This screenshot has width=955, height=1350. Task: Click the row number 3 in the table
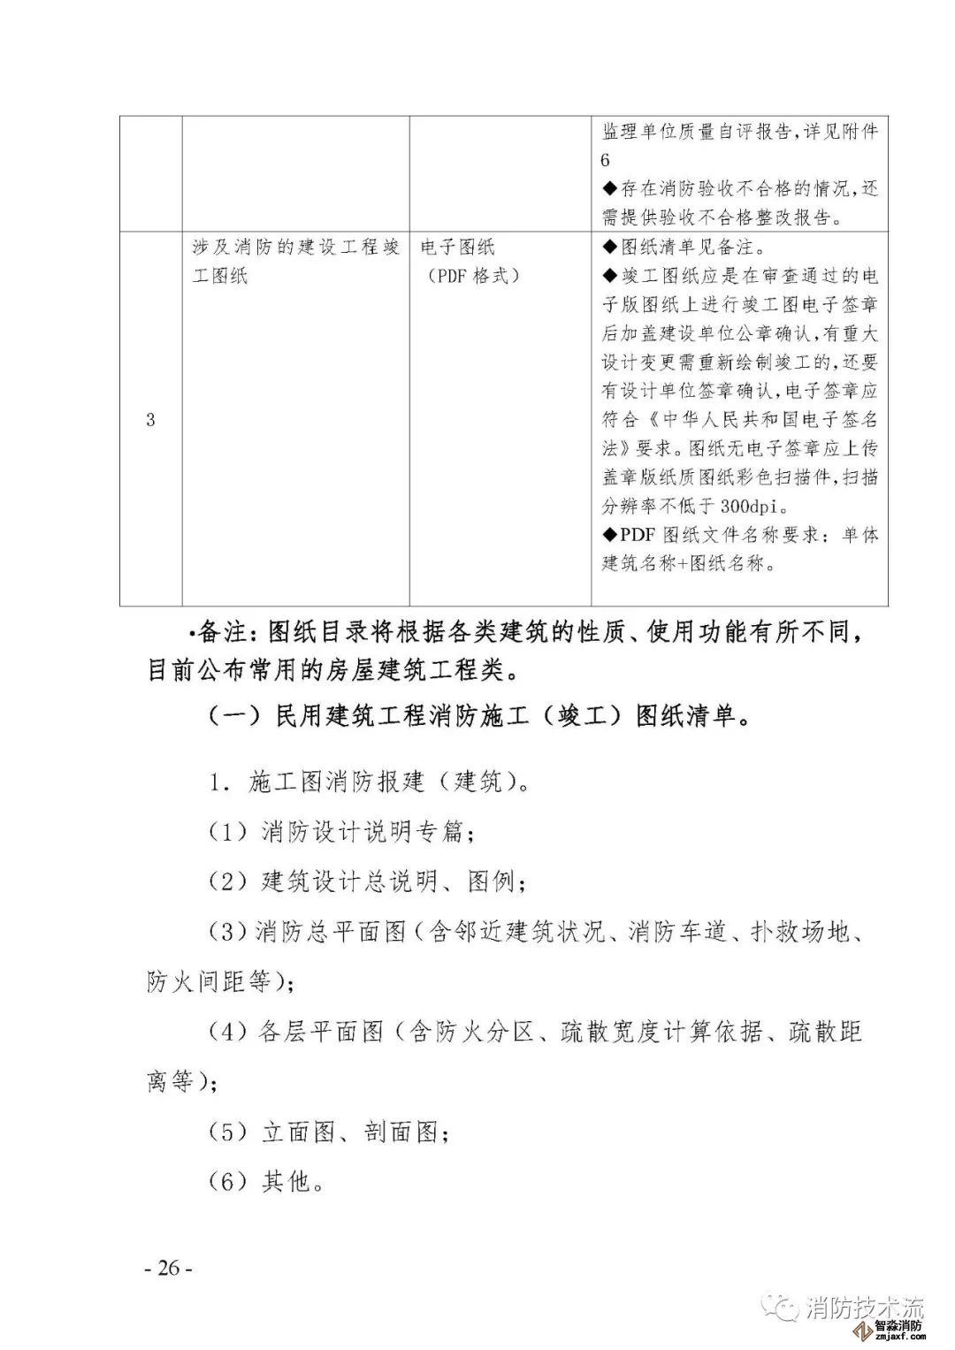pyautogui.click(x=150, y=420)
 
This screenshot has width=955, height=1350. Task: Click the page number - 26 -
pyautogui.click(x=168, y=1268)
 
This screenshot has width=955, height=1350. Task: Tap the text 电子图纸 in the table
pyautogui.click(x=458, y=248)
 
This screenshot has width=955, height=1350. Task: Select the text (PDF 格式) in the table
pyautogui.click(x=469, y=276)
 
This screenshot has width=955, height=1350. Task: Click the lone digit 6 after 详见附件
pyautogui.click(x=606, y=160)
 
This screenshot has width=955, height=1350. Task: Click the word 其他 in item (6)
pyautogui.click(x=287, y=1181)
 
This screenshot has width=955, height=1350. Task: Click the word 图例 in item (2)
pyautogui.click(x=491, y=881)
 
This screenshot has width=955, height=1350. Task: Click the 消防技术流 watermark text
pyautogui.click(x=864, y=1308)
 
